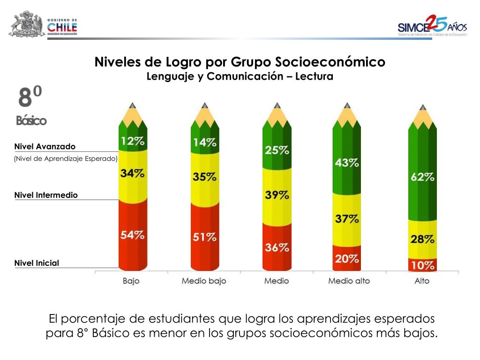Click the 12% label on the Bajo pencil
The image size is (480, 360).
[133, 141]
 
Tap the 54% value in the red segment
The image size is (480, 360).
[133, 235]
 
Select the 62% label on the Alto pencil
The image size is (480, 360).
[422, 177]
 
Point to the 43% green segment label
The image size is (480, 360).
[347, 163]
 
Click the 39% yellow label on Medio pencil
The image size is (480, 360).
[277, 195]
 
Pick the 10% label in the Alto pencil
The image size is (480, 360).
[422, 266]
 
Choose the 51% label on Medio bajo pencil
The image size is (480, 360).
[205, 237]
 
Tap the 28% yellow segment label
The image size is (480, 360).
[422, 239]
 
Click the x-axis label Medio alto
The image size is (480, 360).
[349, 281]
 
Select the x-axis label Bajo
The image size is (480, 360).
[131, 281]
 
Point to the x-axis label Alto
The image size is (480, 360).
[422, 281]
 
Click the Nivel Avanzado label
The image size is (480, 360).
[45, 147]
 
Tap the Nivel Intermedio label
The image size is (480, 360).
[46, 195]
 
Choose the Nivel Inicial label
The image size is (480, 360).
[37, 263]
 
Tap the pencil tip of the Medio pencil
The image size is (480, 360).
[277, 106]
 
